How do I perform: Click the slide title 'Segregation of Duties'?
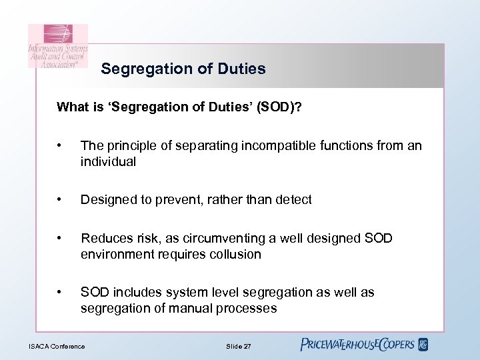click(183, 69)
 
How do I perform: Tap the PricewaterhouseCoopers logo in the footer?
click(364, 345)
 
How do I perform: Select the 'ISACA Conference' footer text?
click(57, 345)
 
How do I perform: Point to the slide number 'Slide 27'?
click(239, 345)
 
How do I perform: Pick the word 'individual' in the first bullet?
click(108, 161)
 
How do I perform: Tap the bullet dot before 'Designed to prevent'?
click(61, 199)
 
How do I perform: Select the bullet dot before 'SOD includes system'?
click(61, 292)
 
